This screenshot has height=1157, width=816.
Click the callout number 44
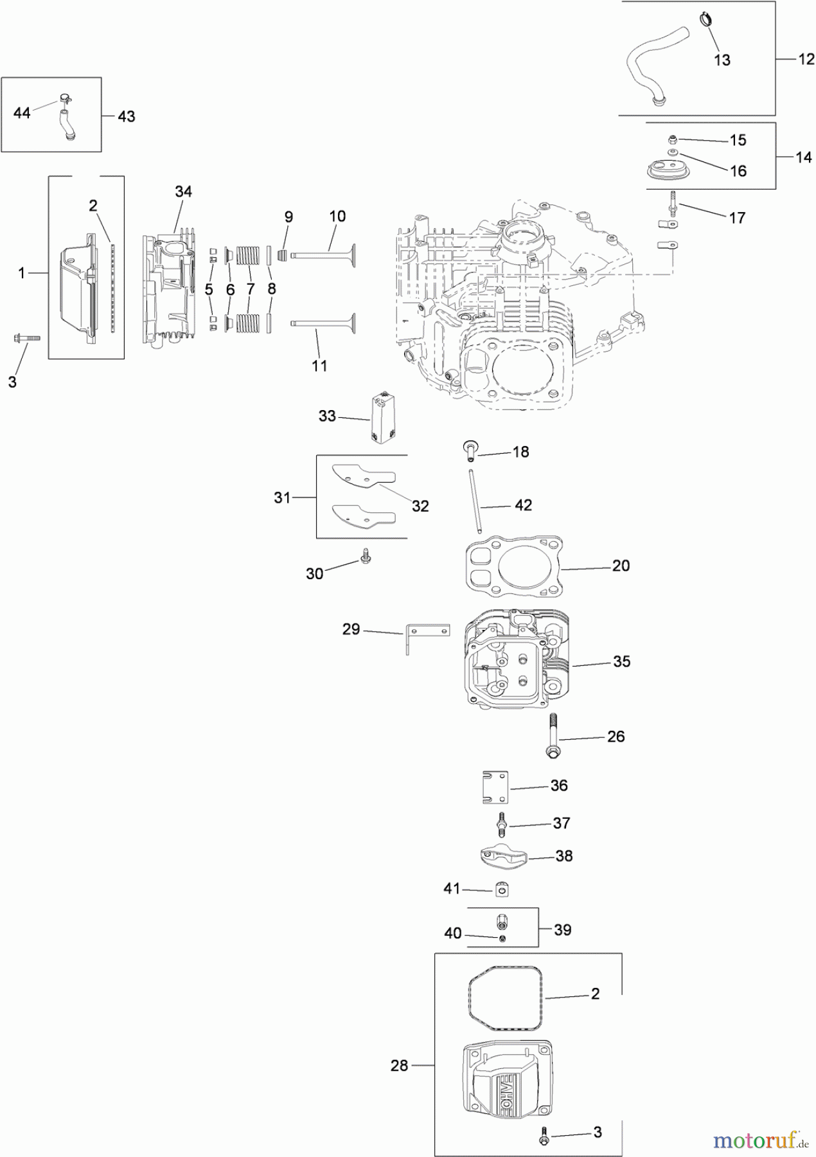[x=22, y=113]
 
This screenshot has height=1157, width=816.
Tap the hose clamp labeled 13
[x=705, y=19]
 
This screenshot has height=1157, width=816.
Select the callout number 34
[x=183, y=192]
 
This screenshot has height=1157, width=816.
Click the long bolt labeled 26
[x=552, y=734]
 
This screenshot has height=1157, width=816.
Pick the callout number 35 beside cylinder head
[x=621, y=661]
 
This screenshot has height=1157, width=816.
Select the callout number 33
[x=327, y=416]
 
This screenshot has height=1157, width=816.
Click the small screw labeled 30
[x=366, y=556]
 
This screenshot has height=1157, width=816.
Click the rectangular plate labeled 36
[x=495, y=787]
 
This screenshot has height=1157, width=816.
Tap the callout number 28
[x=399, y=1066]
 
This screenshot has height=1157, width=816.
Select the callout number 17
[x=737, y=218]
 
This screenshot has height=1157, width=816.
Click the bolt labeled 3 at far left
[x=26, y=337]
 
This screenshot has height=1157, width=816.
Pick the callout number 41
[x=452, y=888]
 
